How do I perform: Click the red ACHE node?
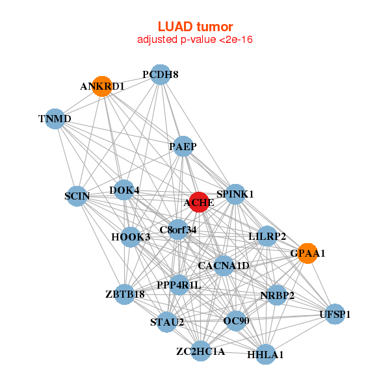198,202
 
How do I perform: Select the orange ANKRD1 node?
102,86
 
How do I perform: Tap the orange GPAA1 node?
307,253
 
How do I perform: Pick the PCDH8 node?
160,74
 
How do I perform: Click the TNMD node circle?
55,119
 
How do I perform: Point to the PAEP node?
183,147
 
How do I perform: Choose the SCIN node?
77,196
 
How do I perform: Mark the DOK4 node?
124,190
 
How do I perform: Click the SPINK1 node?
235,194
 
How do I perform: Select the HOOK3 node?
131,237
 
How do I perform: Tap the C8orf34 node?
178,229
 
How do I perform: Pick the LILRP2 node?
267,237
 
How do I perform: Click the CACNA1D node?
224,266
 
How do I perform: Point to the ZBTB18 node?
125,294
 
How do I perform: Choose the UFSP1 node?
335,315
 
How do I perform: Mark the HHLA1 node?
265,354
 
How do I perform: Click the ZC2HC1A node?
200,352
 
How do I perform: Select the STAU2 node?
167,322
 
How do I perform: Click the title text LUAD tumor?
195,27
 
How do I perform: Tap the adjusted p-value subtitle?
195,40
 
